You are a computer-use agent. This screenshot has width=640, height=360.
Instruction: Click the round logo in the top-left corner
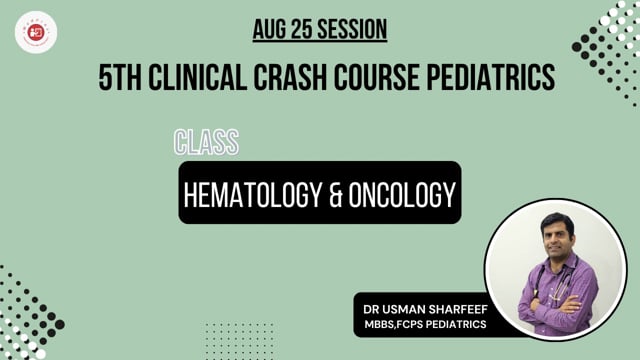(36, 32)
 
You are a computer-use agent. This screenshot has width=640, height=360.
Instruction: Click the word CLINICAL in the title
(198, 77)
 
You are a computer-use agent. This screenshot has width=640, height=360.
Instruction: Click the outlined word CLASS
(207, 142)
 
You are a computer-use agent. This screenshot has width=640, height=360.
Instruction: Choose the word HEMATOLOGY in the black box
(253, 195)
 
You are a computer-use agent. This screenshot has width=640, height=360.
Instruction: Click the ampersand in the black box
(336, 195)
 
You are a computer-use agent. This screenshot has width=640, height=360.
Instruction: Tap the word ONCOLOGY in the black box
(402, 195)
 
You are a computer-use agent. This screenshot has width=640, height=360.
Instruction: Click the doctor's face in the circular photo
(557, 234)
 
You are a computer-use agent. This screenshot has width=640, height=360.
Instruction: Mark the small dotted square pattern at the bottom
(239, 341)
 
